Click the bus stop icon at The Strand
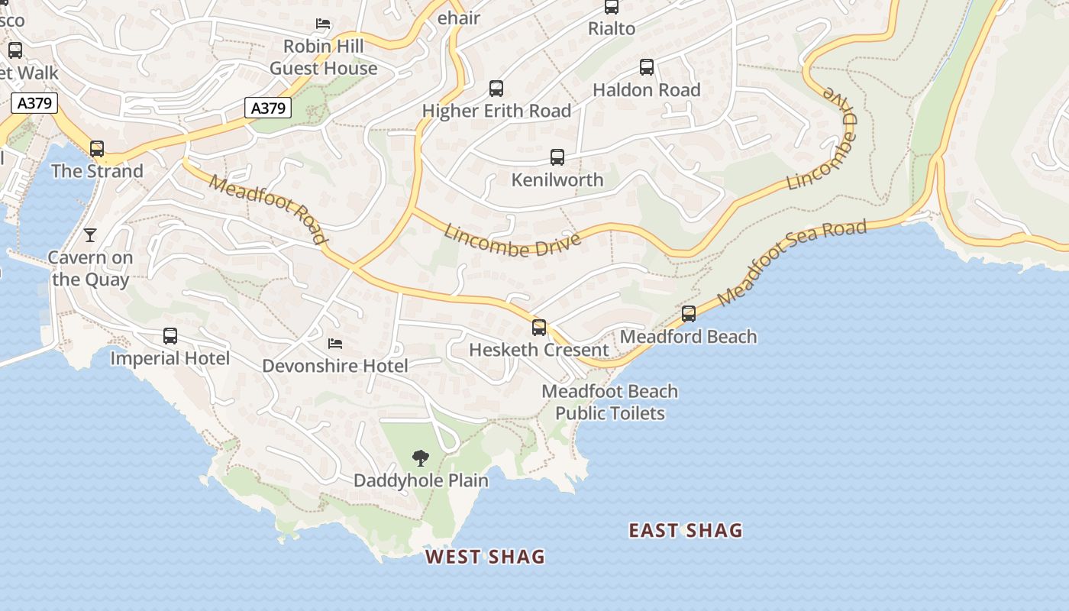click(97, 149)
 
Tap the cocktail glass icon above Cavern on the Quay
click(90, 234)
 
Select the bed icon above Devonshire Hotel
click(334, 344)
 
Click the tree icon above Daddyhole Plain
click(420, 458)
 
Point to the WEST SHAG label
click(485, 557)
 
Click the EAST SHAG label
click(685, 531)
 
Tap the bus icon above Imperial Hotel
click(170, 336)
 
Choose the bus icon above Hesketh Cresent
click(539, 328)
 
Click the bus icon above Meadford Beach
click(689, 314)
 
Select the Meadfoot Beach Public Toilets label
click(609, 402)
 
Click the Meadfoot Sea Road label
click(792, 262)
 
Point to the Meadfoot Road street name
click(267, 209)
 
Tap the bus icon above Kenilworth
click(557, 157)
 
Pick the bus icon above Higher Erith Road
click(496, 89)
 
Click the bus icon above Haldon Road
click(647, 67)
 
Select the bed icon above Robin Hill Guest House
click(323, 24)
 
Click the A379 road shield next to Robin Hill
click(268, 108)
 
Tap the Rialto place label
click(612, 29)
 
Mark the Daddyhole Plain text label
click(421, 480)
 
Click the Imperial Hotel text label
click(170, 358)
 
